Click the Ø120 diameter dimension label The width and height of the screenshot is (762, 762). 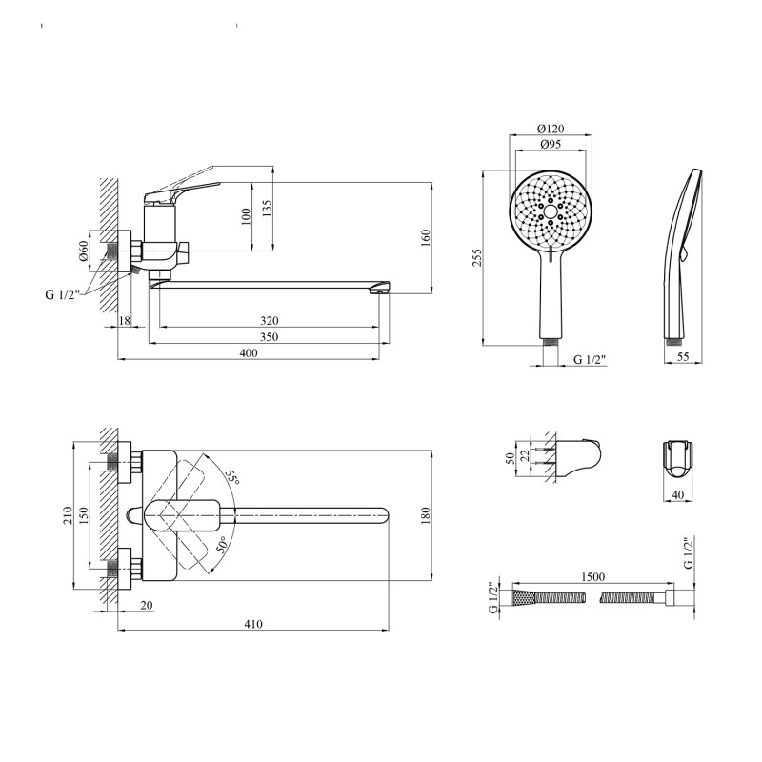pos(551,129)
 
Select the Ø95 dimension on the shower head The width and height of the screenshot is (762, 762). pos(551,145)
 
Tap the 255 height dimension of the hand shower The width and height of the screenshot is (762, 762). pos(477,258)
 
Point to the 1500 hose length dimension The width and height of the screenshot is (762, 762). pos(592,577)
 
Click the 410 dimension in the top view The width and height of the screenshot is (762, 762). pos(253,624)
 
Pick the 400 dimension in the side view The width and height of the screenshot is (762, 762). pos(249,352)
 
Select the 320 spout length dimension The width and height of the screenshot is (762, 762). pos(270,321)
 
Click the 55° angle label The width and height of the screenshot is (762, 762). pos(232,478)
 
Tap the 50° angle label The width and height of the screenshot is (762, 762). pos(222,545)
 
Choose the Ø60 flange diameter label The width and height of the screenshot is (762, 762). pos(84,251)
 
